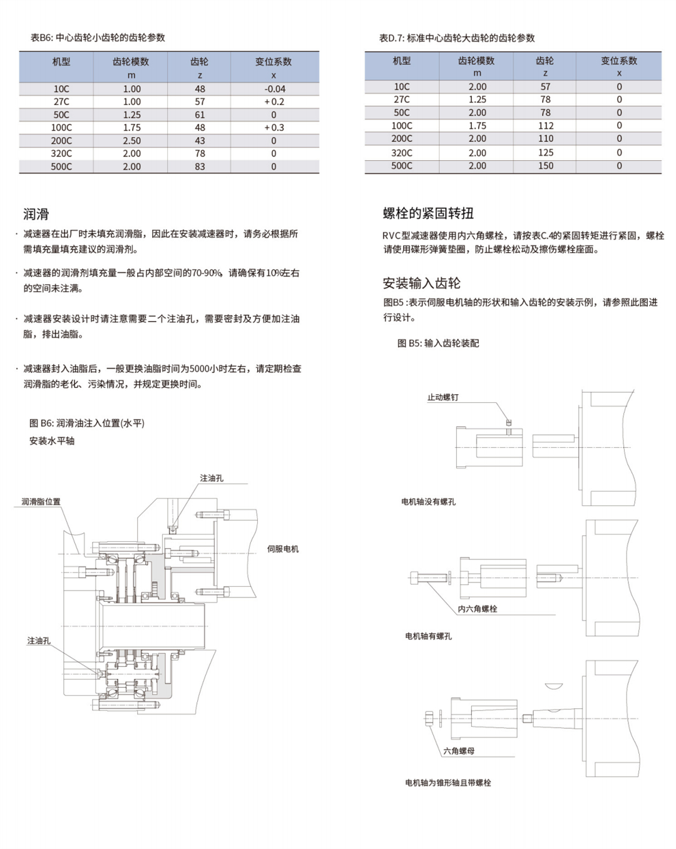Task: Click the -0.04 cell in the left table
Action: point(274,89)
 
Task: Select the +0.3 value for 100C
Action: point(274,128)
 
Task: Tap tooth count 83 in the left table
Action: point(200,166)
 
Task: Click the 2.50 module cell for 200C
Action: point(131,141)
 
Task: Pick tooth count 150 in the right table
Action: point(545,166)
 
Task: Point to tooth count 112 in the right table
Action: point(545,126)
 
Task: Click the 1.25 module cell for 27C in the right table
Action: point(477,99)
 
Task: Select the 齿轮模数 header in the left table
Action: point(131,61)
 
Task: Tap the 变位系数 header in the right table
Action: point(618,61)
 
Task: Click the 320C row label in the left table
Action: point(61,153)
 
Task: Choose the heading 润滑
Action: point(36,214)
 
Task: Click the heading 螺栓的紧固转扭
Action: point(428,213)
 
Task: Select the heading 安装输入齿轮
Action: point(421,283)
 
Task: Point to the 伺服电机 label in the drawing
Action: point(282,549)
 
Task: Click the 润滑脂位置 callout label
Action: point(41,502)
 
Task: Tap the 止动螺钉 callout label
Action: point(443,397)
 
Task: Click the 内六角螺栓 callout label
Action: point(477,609)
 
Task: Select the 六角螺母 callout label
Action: point(459,751)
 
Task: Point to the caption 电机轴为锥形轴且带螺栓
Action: point(448,783)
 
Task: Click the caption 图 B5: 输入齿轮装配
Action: point(438,343)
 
